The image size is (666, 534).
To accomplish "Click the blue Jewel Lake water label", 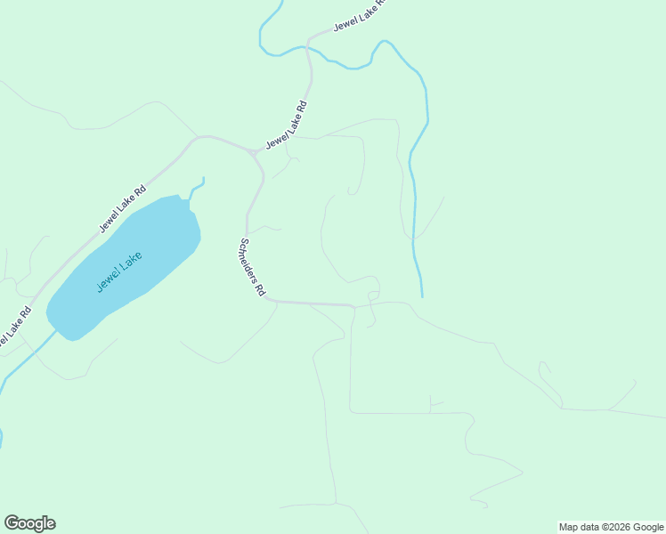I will click(119, 271).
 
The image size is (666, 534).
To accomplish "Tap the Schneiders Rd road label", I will click(252, 267).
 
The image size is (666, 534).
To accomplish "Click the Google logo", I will click(29, 523).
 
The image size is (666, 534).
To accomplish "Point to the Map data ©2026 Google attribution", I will click(612, 527).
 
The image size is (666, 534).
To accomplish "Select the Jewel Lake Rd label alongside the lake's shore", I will click(122, 208).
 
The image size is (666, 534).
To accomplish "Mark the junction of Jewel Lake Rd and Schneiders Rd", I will click(255, 154).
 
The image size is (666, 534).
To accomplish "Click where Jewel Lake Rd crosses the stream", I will click(308, 44).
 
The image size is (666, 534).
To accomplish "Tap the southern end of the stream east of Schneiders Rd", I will click(422, 295).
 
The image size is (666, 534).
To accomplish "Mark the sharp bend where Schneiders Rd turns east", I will click(268, 300).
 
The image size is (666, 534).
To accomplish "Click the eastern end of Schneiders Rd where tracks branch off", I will click(353, 307).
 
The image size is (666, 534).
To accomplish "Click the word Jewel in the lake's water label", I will click(107, 282).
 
